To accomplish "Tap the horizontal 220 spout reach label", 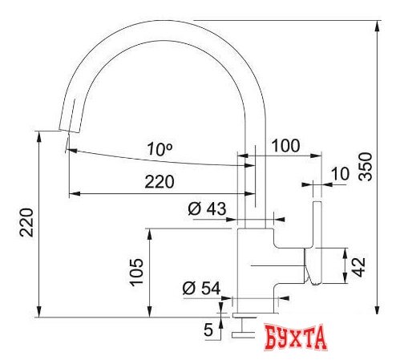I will [159, 182].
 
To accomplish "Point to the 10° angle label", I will [160, 148].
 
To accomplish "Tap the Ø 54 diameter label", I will [201, 288].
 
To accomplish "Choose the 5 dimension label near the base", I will [208, 330].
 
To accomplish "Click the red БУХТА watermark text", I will [296, 337].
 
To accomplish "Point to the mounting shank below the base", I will [241, 324].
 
